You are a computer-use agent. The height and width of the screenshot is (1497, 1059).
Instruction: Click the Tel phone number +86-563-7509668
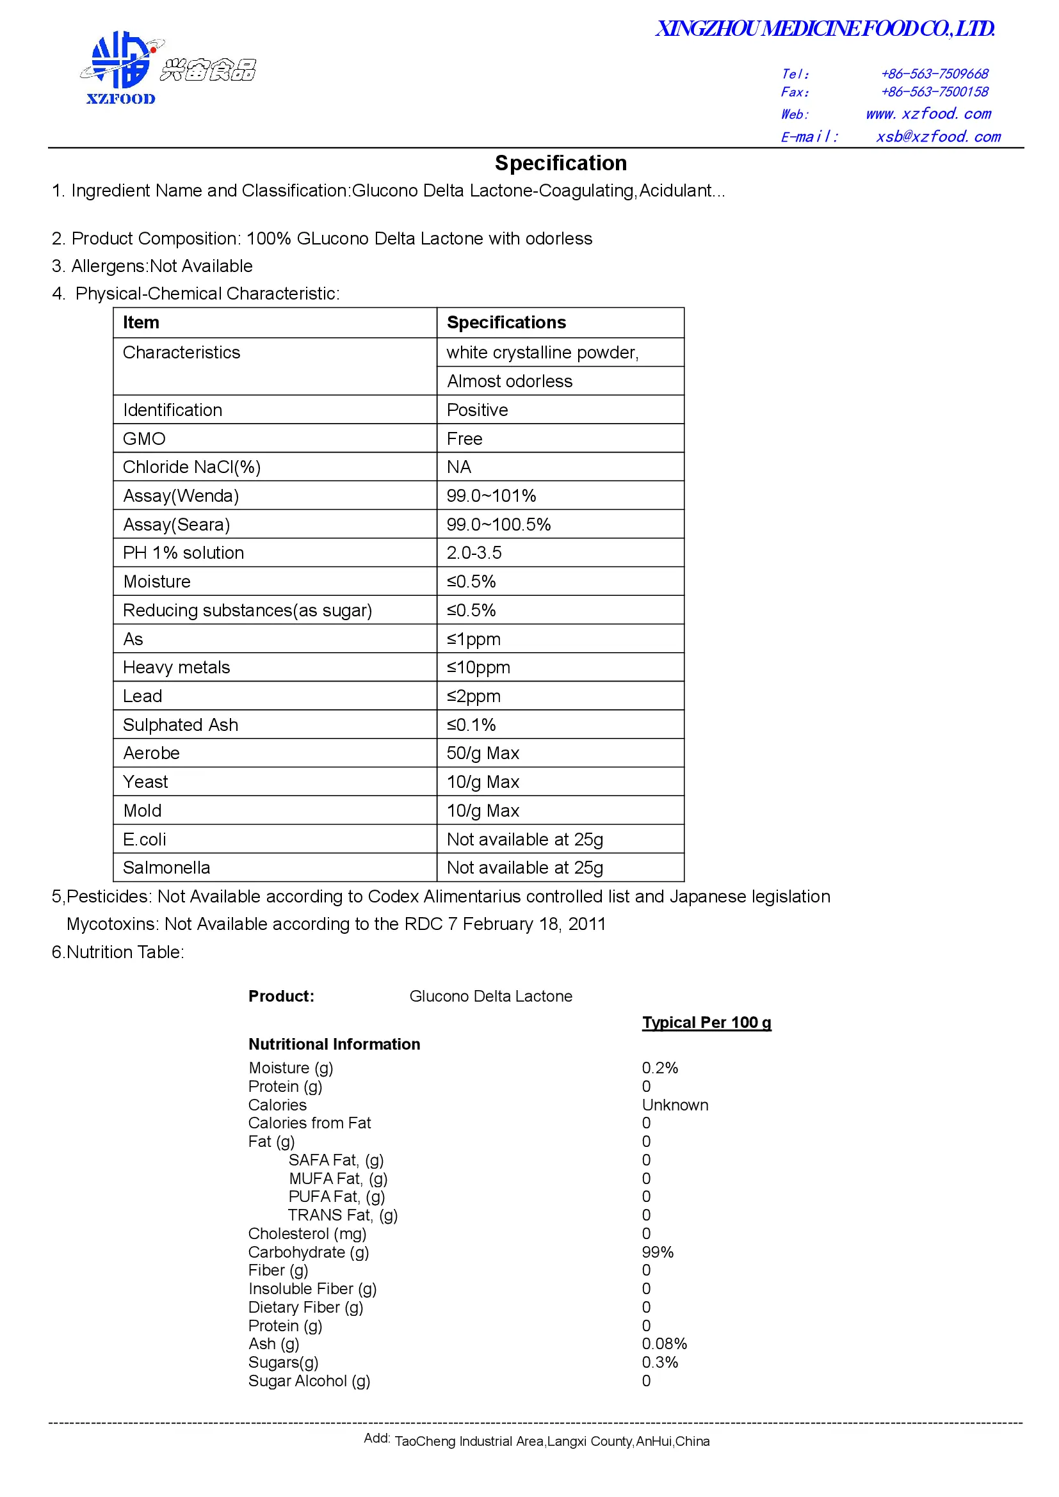[934, 74]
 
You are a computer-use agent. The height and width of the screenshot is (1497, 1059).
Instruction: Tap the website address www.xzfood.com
[928, 114]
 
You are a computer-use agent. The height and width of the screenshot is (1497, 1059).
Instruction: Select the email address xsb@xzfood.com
[938, 137]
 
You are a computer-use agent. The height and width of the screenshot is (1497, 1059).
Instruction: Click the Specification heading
[560, 163]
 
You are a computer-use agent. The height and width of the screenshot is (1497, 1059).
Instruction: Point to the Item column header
[141, 323]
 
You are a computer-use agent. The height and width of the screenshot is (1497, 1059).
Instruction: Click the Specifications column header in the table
[506, 323]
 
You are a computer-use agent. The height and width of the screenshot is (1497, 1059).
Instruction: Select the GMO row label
[144, 439]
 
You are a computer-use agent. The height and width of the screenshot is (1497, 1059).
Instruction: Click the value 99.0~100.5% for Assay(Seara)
[498, 525]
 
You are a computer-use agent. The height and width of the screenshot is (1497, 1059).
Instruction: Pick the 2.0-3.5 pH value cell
[474, 553]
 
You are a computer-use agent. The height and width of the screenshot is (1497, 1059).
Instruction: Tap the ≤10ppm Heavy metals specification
[478, 668]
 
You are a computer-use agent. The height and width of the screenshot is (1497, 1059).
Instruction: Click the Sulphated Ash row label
[181, 725]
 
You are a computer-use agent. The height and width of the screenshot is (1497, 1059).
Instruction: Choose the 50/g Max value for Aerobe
[483, 754]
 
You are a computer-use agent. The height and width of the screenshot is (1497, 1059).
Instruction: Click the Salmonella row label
[166, 868]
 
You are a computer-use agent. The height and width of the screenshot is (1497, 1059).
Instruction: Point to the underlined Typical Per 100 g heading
[706, 1022]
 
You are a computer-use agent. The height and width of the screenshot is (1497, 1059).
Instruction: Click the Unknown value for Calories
[675, 1105]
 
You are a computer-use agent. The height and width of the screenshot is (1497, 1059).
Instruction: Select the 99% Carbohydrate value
[658, 1253]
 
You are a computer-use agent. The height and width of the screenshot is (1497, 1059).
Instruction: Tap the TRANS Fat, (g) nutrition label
[343, 1215]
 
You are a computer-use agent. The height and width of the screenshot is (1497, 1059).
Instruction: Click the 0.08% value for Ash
[664, 1344]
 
